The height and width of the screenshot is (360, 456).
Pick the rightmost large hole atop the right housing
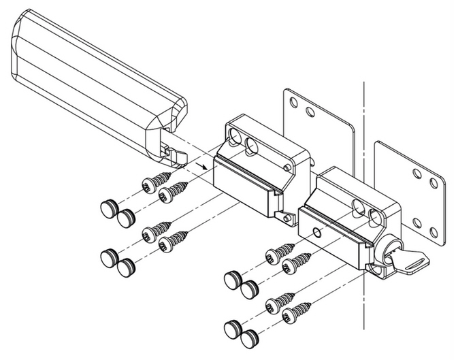tap(374, 216)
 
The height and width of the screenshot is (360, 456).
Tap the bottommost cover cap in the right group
tap(250, 336)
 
